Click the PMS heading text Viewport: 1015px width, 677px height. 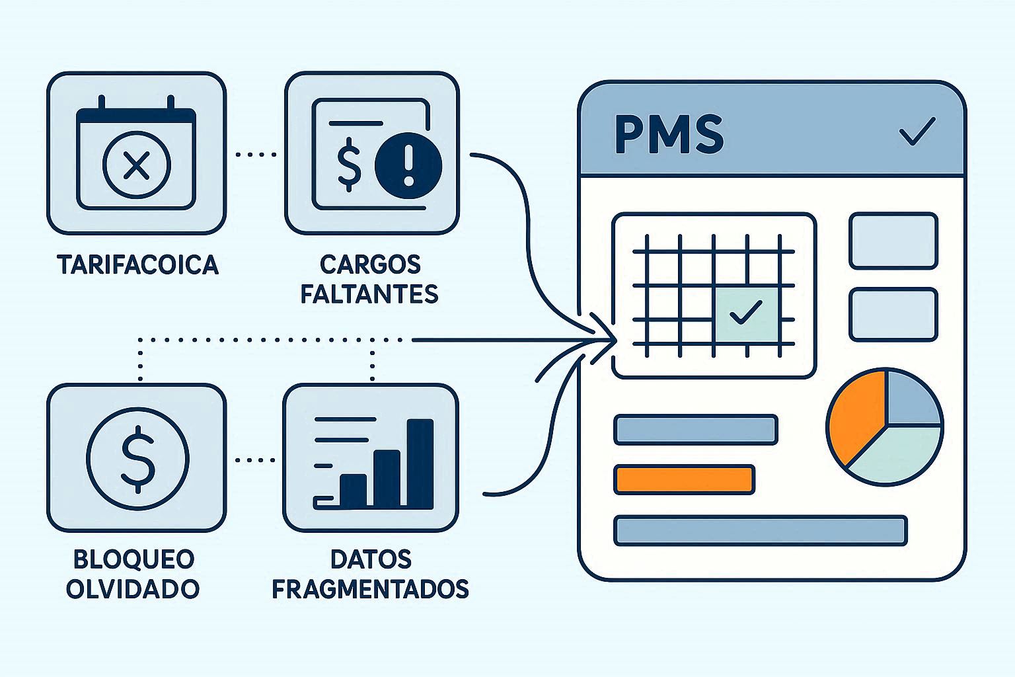tap(669, 134)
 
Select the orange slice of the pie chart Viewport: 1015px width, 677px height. tap(855, 418)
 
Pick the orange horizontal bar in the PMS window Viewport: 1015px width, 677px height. tap(684, 479)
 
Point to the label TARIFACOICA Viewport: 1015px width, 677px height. tap(137, 264)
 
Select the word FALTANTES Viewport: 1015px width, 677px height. tap(369, 293)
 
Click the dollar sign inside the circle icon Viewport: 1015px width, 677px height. tap(137, 458)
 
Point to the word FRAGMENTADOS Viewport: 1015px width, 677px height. tap(370, 588)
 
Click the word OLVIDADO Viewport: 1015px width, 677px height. tap(133, 588)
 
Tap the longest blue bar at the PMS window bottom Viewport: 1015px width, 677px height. tap(760, 530)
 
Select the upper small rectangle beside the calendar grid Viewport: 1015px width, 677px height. tap(893, 241)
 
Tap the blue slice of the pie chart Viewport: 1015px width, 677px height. tap(912, 399)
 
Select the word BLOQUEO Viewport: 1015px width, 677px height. tap(133, 559)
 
